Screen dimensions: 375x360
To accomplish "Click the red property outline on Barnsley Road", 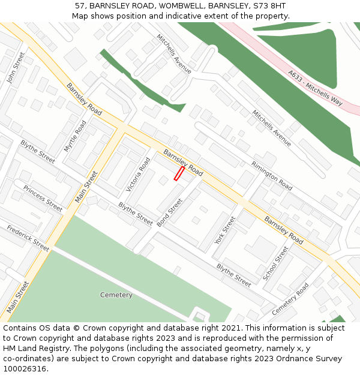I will tap(179, 173).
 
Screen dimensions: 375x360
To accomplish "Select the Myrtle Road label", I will tap(76, 136).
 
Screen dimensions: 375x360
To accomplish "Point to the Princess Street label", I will tap(43, 198).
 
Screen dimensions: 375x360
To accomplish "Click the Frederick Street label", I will tap(28, 238).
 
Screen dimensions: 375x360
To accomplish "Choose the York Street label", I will tap(226, 230).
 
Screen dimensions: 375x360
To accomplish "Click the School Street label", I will tap(275, 263).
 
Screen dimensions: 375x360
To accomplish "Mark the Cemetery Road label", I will tap(290, 299).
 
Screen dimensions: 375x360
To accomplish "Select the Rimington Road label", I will tap(272, 176).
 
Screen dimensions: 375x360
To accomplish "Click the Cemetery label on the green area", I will tap(116, 295).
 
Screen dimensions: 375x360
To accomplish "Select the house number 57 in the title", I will tap(80, 5).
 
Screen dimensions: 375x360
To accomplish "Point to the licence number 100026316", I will tap(26, 368).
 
